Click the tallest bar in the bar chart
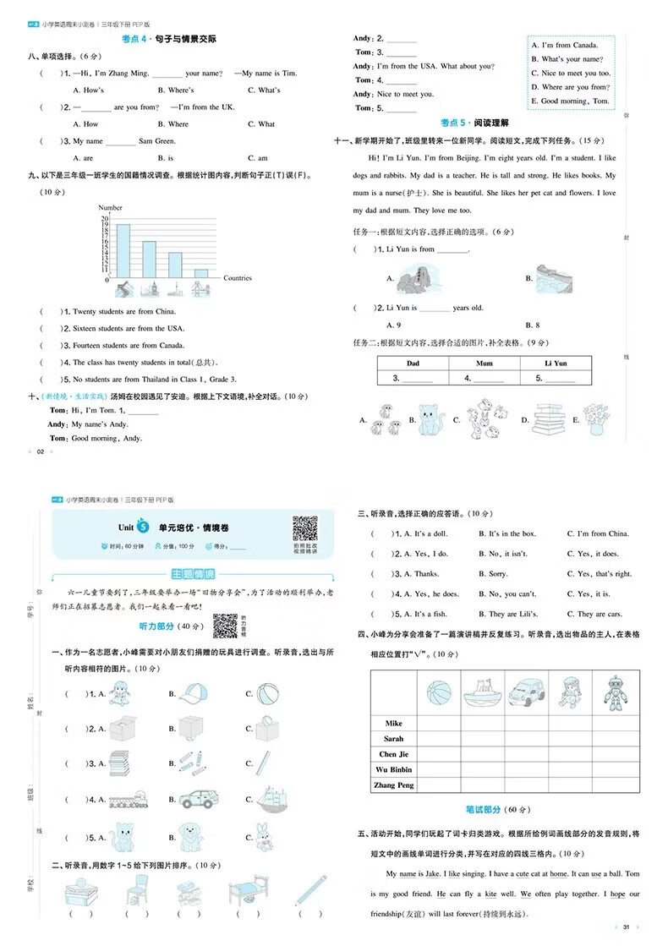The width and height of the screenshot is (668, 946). pyautogui.click(x=123, y=250)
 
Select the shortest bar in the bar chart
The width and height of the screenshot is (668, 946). pyautogui.click(x=201, y=273)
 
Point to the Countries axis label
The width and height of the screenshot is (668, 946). pyautogui.click(x=238, y=278)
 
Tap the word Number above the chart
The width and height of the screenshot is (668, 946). pyautogui.click(x=110, y=208)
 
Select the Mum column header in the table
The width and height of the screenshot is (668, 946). pyautogui.click(x=484, y=363)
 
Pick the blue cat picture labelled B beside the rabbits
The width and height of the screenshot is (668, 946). pyautogui.click(x=430, y=418)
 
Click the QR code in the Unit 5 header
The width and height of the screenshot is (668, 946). pyautogui.click(x=304, y=528)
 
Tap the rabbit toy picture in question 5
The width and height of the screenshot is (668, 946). pyautogui.click(x=268, y=836)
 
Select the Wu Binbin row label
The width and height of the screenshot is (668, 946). pyautogui.click(x=394, y=769)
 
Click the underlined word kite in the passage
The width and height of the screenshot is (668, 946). pyautogui.click(x=490, y=894)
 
